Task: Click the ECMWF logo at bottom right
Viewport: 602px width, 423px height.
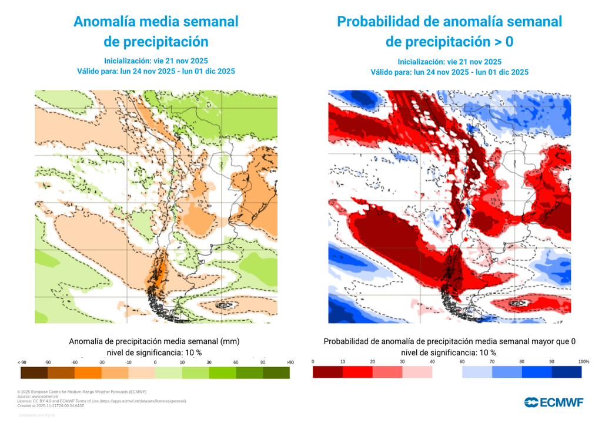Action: click(554, 402)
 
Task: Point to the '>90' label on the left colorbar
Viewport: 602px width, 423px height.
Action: click(289, 362)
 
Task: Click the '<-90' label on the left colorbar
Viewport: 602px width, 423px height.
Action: click(22, 362)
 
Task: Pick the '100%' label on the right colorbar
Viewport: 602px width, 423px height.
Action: click(583, 361)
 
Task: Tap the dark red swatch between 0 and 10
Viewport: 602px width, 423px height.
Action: click(327, 372)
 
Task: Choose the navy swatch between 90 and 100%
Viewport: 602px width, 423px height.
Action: click(567, 372)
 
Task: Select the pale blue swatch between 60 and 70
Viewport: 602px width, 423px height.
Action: click(477, 372)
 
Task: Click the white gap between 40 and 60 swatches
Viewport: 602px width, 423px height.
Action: click(447, 372)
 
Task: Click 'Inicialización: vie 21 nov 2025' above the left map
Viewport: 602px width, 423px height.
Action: click(156, 61)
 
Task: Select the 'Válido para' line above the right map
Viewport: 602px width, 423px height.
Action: click(449, 72)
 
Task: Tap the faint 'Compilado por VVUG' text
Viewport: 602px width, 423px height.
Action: click(36, 415)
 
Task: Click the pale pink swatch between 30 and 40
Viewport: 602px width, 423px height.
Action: click(417, 372)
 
